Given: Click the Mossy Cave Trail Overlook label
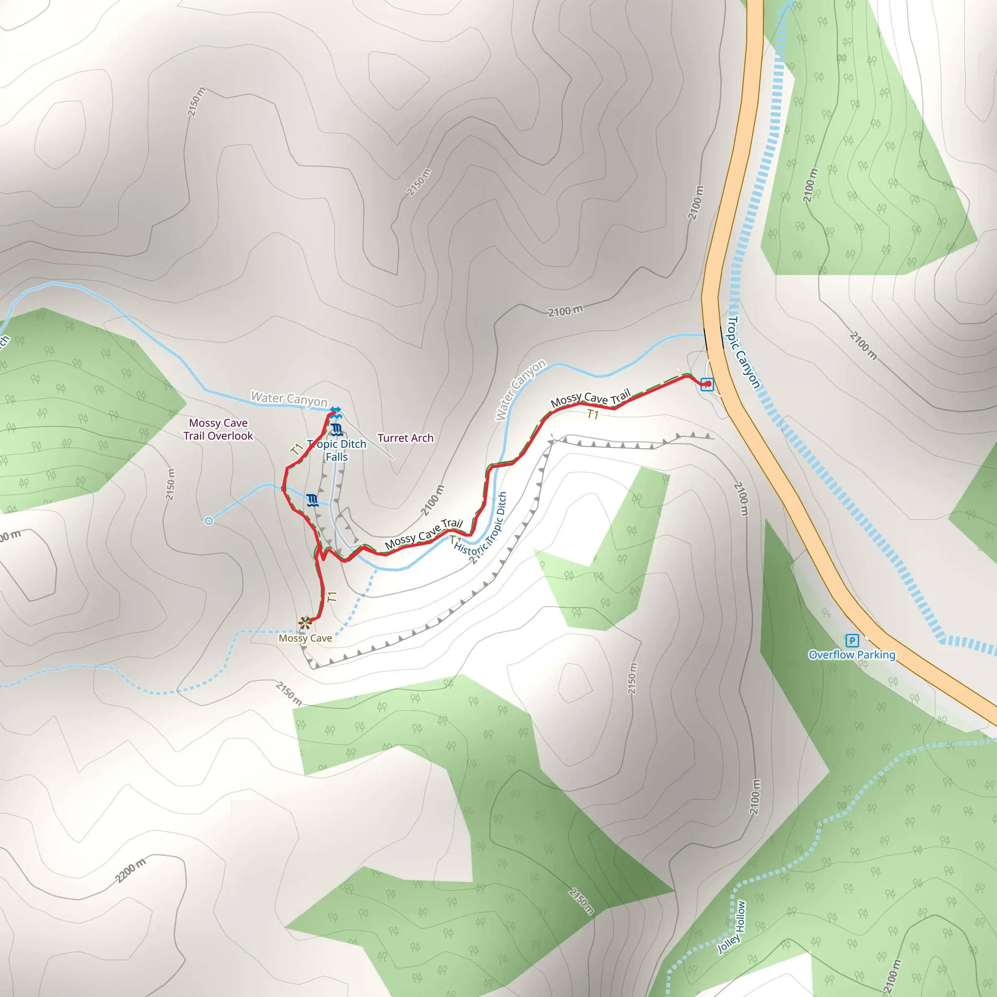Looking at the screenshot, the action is pos(218,429).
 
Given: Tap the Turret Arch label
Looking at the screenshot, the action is pos(405,438).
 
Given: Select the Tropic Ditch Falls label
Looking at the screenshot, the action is pos(336,450).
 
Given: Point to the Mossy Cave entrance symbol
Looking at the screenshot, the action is pos(305,623).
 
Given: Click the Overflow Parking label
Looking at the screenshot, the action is pos(851,655).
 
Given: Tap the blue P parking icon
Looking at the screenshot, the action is pos(852,641).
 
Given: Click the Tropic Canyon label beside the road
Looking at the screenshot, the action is pos(743,352).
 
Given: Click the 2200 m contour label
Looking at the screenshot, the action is pos(130,870).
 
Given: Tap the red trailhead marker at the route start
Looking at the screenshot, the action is pos(707,384).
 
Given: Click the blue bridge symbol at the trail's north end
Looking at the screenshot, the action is pos(335,411).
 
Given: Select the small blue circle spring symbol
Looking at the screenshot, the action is pos(209,521).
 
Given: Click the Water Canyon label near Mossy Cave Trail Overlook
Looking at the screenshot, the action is pos(289,399).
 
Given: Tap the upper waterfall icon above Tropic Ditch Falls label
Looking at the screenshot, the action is pos(337,429).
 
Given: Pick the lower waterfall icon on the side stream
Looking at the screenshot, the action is pos(312,500).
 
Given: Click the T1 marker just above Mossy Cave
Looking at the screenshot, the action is pos(332,597).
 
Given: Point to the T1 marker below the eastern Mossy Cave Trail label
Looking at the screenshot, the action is pos(592,414).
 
